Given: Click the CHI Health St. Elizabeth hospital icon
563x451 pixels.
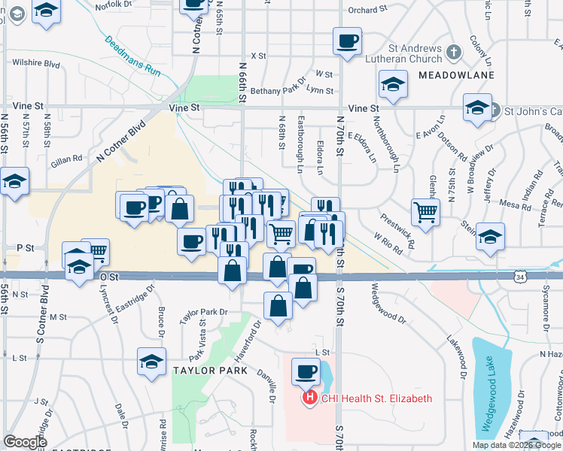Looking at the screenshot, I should [309, 398].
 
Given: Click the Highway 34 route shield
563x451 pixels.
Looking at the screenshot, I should [521, 277].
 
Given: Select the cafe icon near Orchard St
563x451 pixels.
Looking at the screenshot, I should [347, 41].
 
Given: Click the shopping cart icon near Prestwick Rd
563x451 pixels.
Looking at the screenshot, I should [425, 213].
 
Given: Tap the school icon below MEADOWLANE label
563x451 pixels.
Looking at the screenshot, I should [393, 86].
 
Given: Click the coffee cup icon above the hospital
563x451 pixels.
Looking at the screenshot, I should [306, 371].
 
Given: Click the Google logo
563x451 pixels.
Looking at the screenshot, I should [25, 443].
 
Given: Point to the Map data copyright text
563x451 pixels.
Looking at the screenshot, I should [516, 445].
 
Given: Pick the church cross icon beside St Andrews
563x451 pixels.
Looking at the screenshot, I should [453, 53].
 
